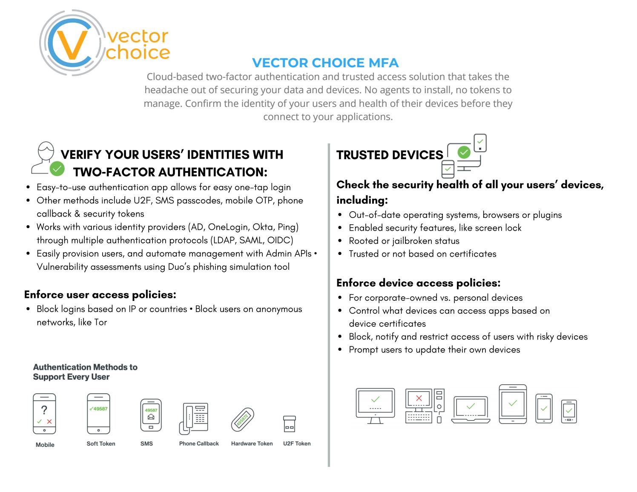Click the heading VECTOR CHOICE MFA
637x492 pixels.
(x=325, y=63)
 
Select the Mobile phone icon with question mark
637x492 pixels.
(x=44, y=413)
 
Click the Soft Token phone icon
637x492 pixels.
(x=98, y=413)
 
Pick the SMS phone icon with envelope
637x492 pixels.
(x=151, y=415)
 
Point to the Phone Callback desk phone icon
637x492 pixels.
(x=194, y=418)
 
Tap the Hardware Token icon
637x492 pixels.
(x=243, y=420)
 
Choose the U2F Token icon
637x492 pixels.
(x=289, y=424)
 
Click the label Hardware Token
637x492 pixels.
(x=252, y=443)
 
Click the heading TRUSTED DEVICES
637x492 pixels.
(x=390, y=155)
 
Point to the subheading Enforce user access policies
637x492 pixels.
(x=100, y=295)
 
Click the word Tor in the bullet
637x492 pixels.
(x=100, y=322)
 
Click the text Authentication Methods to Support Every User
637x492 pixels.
(x=85, y=372)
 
